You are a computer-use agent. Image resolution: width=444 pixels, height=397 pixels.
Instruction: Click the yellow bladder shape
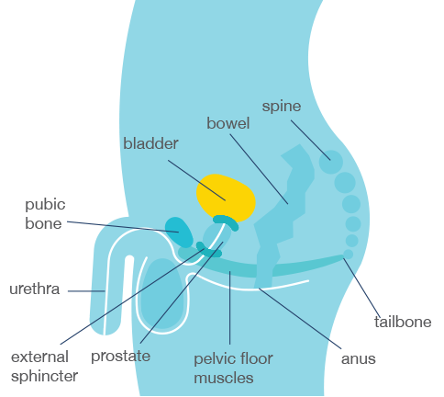tap(226, 197)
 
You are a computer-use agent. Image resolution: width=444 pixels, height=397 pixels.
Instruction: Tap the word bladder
tap(150, 143)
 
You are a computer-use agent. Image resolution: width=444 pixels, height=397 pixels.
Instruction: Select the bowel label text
tap(228, 123)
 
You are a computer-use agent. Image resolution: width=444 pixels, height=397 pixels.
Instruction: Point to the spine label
tap(282, 107)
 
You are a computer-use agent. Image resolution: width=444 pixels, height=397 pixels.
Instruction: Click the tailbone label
tap(403, 322)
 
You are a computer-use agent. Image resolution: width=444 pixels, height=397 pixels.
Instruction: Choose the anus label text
tap(359, 359)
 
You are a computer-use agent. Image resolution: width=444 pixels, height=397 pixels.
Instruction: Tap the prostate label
tap(120, 357)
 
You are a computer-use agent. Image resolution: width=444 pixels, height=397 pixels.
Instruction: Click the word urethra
tap(34, 289)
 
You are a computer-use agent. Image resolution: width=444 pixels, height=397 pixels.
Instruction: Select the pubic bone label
tap(45, 214)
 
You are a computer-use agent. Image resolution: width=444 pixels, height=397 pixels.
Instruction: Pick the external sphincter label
tap(44, 367)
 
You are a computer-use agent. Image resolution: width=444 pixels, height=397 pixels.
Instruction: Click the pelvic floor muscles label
tap(233, 369)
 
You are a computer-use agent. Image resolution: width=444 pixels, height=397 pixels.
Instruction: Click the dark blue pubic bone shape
tap(179, 232)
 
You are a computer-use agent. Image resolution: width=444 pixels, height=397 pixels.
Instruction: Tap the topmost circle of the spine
tap(331, 162)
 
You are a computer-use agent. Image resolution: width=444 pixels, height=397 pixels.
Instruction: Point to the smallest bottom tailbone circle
tap(348, 255)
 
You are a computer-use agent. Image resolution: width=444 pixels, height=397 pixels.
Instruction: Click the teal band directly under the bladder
tap(226, 221)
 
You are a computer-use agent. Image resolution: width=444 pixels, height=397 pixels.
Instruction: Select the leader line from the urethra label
tap(86, 291)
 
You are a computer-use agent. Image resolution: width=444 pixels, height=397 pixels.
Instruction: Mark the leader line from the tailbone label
tap(361, 288)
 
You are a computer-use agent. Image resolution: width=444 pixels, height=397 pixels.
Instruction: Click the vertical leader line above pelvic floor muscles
tap(229, 308)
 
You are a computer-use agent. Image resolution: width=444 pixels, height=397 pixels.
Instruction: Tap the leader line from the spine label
tap(311, 140)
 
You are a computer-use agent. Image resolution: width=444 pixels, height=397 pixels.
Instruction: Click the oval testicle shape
tap(162, 293)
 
